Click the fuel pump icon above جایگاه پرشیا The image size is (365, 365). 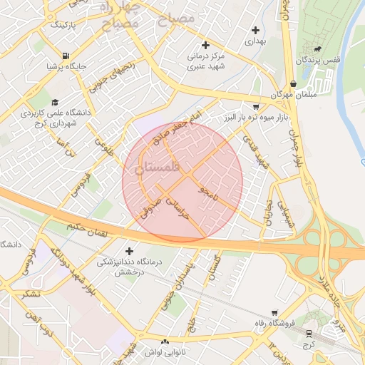point(66,56)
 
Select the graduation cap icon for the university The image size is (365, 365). point(55,101)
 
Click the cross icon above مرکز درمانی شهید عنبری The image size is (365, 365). point(206,44)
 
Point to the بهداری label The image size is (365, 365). point(255,42)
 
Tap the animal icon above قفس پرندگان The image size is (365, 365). point(315,49)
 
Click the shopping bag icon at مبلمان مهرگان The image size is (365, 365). point(294,83)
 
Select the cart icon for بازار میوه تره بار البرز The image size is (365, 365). point(256,106)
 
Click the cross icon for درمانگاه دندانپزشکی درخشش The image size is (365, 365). point(128,251)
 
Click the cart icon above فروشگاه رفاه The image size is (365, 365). point(275,312)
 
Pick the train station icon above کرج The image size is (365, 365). point(308,332)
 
